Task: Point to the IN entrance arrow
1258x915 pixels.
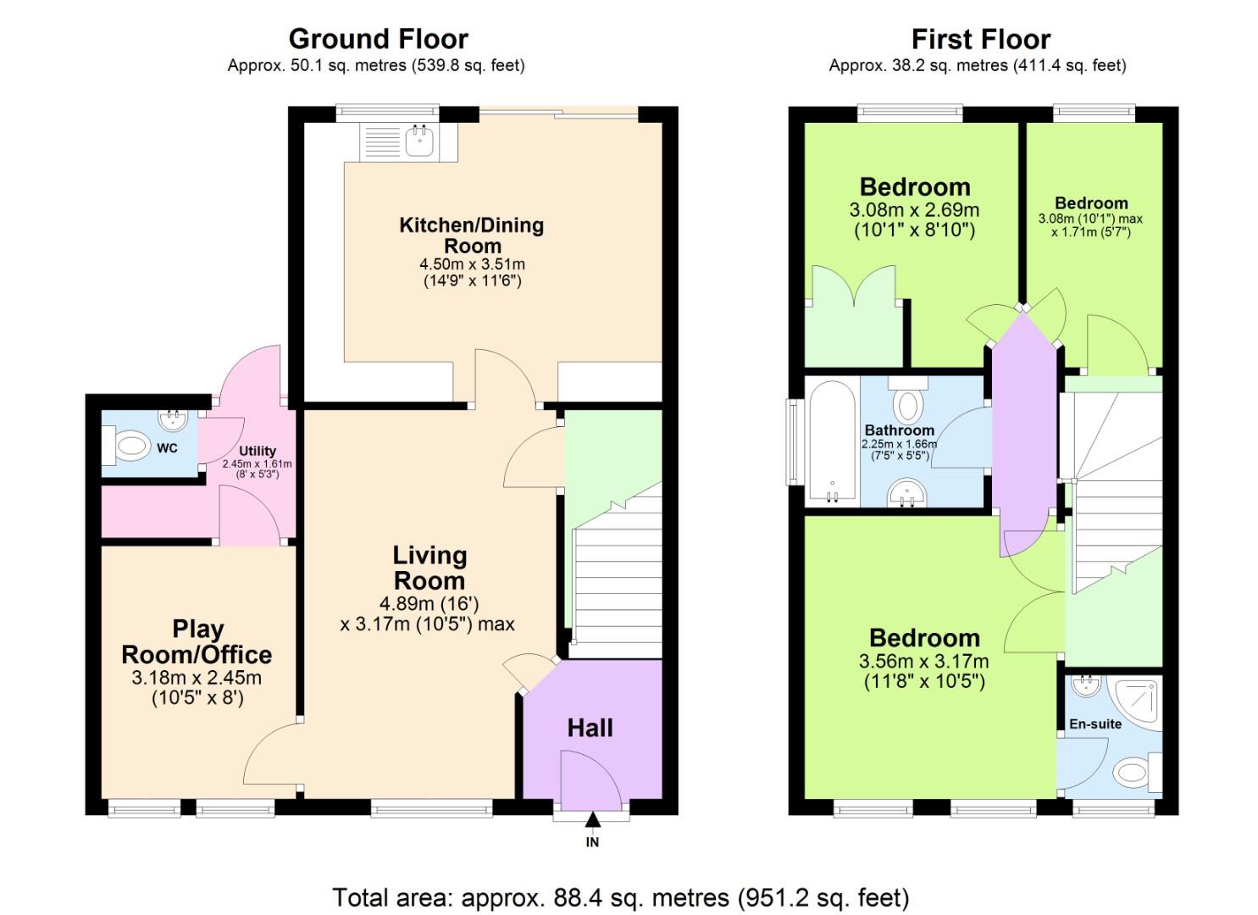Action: pyautogui.click(x=592, y=819)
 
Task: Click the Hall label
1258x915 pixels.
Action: pyautogui.click(x=590, y=728)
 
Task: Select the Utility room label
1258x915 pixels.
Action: pyautogui.click(x=257, y=451)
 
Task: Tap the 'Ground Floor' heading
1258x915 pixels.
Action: pyautogui.click(x=378, y=39)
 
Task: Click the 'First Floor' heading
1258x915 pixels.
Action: pyautogui.click(x=980, y=39)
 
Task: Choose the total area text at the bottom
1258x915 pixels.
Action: pyautogui.click(x=620, y=897)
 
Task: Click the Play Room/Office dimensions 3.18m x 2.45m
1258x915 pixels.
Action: pyautogui.click(x=197, y=678)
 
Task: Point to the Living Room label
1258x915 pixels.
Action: pyautogui.click(x=429, y=568)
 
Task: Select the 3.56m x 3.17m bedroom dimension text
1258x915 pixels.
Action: pyautogui.click(x=924, y=661)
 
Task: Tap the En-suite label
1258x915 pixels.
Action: pyautogui.click(x=1095, y=724)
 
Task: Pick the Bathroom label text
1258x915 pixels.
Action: pyautogui.click(x=899, y=430)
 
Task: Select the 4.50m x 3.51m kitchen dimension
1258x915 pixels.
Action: pyautogui.click(x=472, y=264)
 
